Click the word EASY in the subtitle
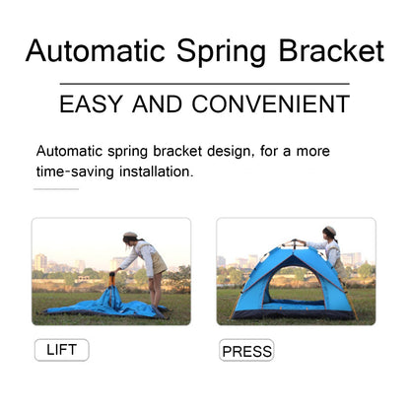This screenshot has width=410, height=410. point(94,103)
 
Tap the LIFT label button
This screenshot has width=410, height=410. point(61,349)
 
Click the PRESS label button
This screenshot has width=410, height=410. point(246,351)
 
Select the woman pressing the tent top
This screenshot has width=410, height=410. point(330,252)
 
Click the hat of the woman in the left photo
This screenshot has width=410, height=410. point(129,236)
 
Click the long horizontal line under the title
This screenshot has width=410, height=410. point(204,84)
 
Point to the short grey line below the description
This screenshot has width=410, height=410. point(56,188)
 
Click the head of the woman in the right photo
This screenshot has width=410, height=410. point(330,237)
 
